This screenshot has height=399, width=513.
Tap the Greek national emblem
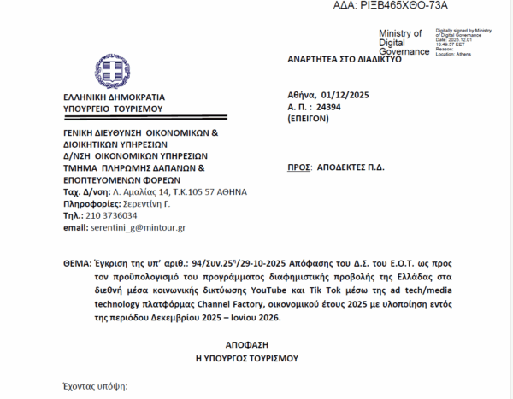[112, 71]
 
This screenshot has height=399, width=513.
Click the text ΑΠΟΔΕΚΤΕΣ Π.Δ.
[351, 167]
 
